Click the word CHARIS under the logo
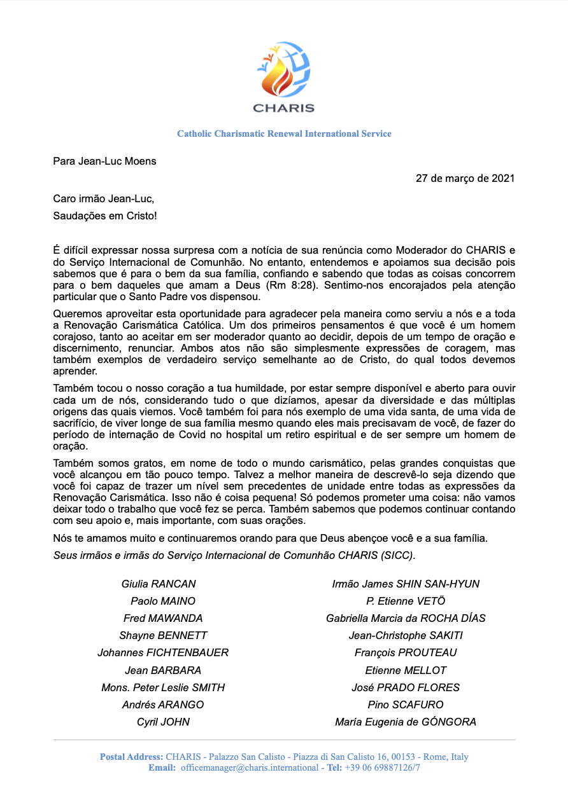pos(283,108)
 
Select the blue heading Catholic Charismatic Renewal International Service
pos(284,134)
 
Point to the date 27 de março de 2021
pos(465,178)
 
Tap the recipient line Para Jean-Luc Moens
pos(104,161)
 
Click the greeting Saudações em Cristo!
pos(105,216)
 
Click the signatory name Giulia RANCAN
pos(159,584)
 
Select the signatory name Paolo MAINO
pos(163,601)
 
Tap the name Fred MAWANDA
pos(163,618)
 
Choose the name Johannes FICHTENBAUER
pos(163,652)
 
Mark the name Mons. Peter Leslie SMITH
pos(163,687)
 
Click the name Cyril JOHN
pos(163,722)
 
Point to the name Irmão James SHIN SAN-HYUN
pos(406,584)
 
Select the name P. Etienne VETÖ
pos(406,601)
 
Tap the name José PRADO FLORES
pos(406,687)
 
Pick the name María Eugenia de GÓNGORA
pos(406,722)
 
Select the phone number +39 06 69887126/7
pos(382,767)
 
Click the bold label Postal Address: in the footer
pos(131,757)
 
